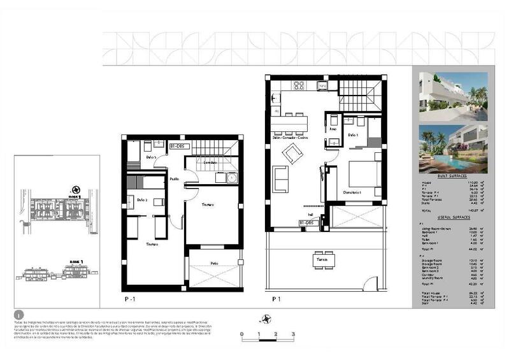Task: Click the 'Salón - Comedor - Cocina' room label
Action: click(x=290, y=138)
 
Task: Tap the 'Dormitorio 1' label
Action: click(x=352, y=192)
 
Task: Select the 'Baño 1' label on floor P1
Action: click(x=354, y=136)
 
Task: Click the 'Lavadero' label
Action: click(x=211, y=162)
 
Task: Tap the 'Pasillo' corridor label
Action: click(x=175, y=180)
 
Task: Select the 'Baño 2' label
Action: click(x=141, y=200)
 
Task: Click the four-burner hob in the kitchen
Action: click(x=298, y=86)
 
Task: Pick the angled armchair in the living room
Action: click(x=293, y=153)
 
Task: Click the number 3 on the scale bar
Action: click(x=292, y=333)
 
